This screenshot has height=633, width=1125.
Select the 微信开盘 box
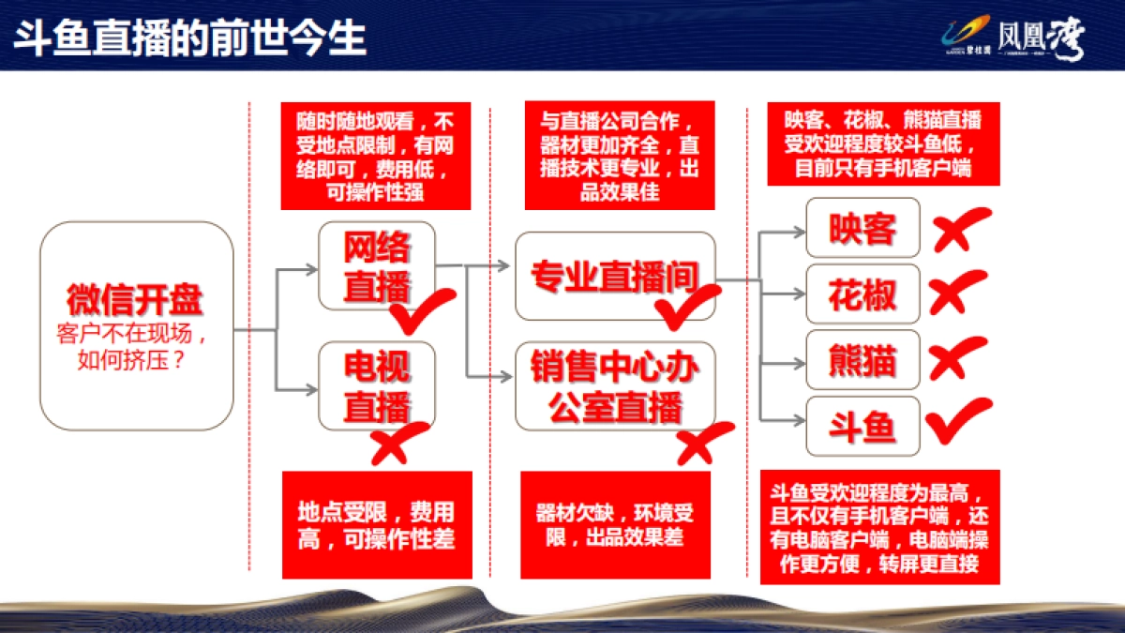coord(136,325)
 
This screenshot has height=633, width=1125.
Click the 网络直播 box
coord(377,265)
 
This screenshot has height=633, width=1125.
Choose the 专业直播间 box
coord(615,276)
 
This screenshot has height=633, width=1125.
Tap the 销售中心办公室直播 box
coord(615,386)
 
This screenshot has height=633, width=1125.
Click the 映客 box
coord(862,228)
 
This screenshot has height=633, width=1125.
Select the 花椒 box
coord(862,294)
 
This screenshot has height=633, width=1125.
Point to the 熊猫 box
coord(862,360)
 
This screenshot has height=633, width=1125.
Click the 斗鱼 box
coord(862,427)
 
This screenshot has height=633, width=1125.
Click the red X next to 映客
coord(958,228)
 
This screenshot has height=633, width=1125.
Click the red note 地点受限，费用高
coord(377,524)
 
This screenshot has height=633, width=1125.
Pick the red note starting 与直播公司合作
coord(619,156)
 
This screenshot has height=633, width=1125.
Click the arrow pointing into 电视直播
coord(298,388)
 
